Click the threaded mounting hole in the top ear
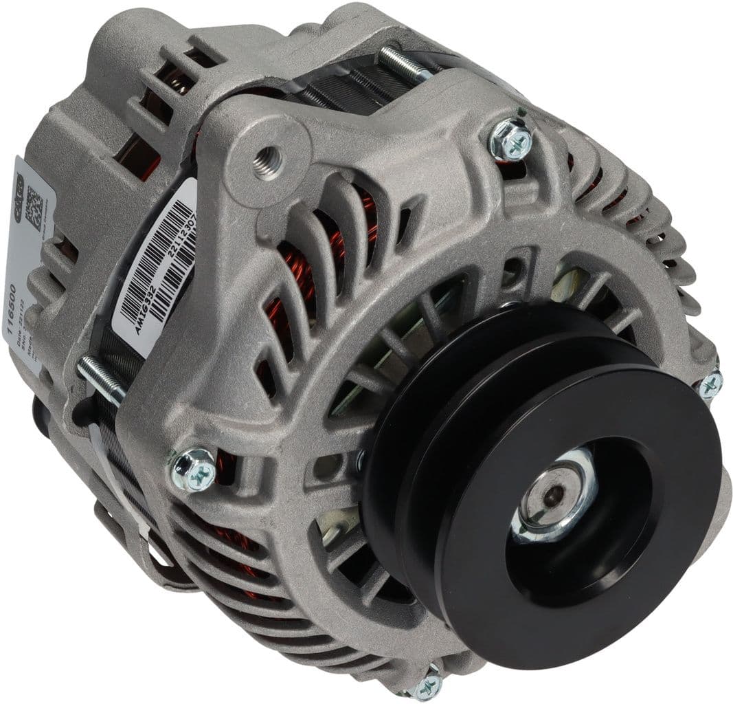pos(269,162)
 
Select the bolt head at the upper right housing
pos(512,140)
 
